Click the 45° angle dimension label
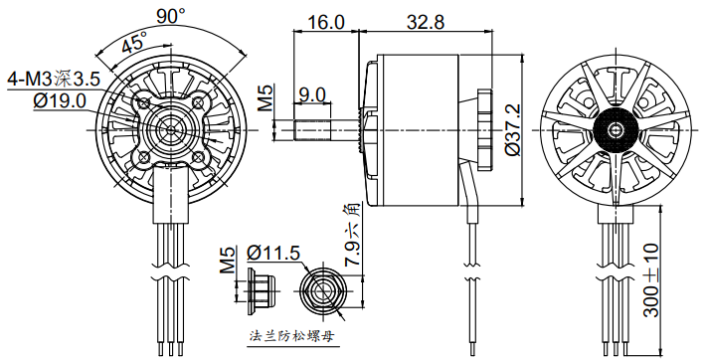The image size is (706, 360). coord(135,43)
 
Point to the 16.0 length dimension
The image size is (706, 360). coord(325,21)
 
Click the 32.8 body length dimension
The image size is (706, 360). coord(426,21)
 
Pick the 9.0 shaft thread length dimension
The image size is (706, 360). coord(312,94)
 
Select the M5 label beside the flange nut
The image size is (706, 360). coord(228,261)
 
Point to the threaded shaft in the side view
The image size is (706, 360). coord(313,130)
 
